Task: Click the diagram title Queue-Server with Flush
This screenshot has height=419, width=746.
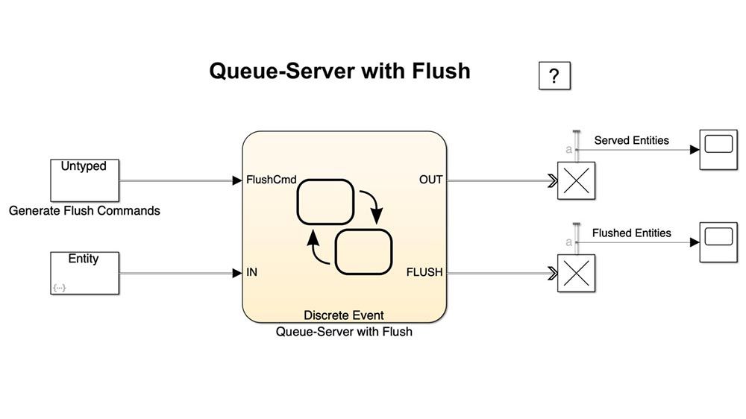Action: click(339, 71)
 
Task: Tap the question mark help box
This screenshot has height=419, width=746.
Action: click(554, 75)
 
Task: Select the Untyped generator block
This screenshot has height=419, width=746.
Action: click(84, 180)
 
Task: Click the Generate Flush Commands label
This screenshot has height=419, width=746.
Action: click(84, 211)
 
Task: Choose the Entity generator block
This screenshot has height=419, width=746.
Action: click(84, 273)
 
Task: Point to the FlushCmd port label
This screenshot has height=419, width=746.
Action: click(271, 180)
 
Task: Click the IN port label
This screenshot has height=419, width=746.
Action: click(252, 273)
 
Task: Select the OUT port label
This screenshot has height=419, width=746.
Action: click(430, 180)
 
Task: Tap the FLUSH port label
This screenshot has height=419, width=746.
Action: click(424, 273)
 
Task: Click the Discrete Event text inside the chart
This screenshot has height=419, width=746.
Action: click(344, 315)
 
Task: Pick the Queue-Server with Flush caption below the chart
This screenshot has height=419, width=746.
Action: click(344, 332)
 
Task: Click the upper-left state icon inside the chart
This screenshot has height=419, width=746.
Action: click(325, 201)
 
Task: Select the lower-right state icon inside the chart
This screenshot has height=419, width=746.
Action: click(363, 252)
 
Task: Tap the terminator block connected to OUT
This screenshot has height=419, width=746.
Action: click(577, 180)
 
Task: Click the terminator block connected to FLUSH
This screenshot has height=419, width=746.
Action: click(577, 274)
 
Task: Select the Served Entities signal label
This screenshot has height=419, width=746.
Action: click(631, 140)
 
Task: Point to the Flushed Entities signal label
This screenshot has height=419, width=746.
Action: click(631, 233)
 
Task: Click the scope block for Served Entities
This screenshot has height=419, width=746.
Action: click(718, 149)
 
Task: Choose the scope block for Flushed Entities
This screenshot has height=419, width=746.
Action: click(718, 242)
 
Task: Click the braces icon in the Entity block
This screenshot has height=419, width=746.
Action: click(59, 288)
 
